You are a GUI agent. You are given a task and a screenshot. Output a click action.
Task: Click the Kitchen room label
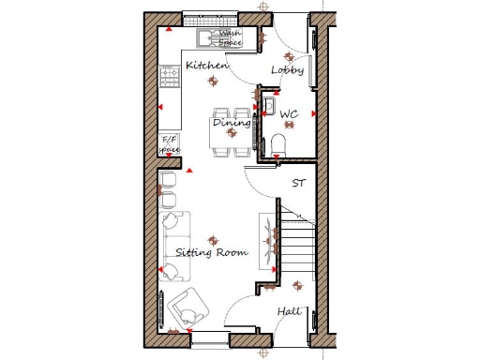click(205, 66)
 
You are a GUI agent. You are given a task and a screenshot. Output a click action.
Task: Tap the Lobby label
click(287, 70)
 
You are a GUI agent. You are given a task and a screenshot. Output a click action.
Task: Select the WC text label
click(289, 114)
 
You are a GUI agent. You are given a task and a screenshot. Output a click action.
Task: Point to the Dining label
click(231, 123)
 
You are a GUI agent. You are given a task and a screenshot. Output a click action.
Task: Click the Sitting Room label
click(211, 253)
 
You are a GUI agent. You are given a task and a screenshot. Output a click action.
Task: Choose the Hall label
click(288, 311)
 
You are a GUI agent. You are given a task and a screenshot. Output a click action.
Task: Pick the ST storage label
click(299, 183)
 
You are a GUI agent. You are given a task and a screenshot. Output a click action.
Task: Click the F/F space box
click(170, 144)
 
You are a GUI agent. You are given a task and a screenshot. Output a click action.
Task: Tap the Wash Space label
click(230, 37)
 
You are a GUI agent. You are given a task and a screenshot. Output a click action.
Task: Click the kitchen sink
click(206, 37)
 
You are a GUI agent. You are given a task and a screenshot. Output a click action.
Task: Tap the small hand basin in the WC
click(269, 104)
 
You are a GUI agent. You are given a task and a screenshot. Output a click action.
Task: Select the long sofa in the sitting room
click(174, 245)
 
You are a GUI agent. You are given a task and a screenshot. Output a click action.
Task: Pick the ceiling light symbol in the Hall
click(297, 285)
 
